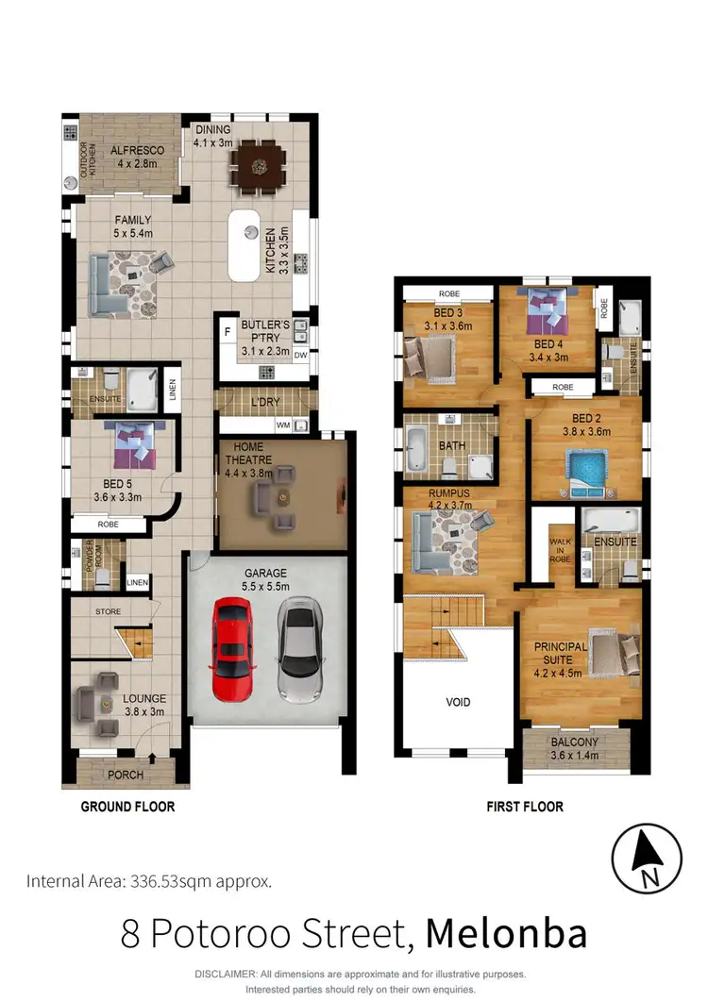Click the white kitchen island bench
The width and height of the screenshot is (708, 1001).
point(244,244)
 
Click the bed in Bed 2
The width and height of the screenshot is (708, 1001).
point(585,468)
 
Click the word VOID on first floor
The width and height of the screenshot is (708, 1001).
point(457,703)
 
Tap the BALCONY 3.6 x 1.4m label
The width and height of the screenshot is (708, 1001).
point(575,750)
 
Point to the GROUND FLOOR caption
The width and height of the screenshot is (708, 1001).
point(127,807)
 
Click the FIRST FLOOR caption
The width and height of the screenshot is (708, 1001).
point(525,807)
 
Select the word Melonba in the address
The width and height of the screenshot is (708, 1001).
point(507,933)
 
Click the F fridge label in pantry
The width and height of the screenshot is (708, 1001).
point(226,331)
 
